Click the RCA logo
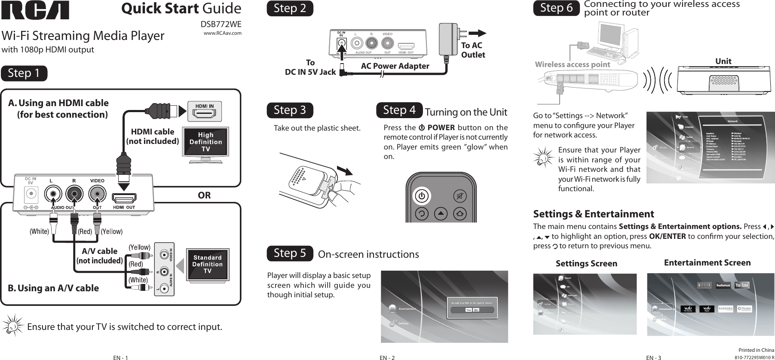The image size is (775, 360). pyautogui.click(x=35, y=10)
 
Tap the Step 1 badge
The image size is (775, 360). pyautogui.click(x=24, y=73)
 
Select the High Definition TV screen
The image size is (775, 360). pyautogui.click(x=205, y=142)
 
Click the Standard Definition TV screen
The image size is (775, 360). pyautogui.click(x=207, y=264)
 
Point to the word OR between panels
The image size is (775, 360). pyautogui.click(x=204, y=195)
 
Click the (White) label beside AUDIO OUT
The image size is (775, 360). pyautogui.click(x=39, y=232)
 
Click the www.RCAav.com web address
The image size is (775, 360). pyautogui.click(x=222, y=33)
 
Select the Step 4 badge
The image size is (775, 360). pyautogui.click(x=399, y=110)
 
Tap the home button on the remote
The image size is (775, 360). pyautogui.click(x=460, y=213)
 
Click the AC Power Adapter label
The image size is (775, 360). pyautogui.click(x=395, y=66)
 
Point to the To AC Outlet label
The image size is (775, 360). pyautogui.click(x=472, y=50)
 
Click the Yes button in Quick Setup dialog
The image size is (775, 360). pyautogui.click(x=469, y=310)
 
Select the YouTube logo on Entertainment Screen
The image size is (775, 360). pyautogui.click(x=741, y=285)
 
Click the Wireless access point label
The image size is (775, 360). pyautogui.click(x=572, y=64)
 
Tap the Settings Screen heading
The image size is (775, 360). pyautogui.click(x=586, y=263)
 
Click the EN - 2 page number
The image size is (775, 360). pyautogui.click(x=387, y=357)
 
